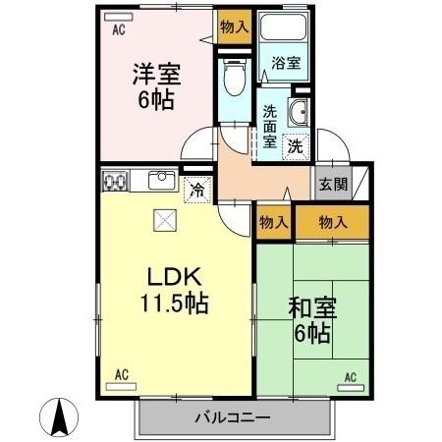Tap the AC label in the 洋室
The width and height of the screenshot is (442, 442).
(118, 30)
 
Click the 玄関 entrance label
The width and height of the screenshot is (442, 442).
(332, 184)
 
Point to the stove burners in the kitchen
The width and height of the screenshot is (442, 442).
(116, 182)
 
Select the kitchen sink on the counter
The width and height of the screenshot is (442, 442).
(161, 181)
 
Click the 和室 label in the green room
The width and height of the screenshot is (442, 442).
(311, 308)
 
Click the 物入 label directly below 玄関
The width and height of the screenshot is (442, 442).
(333, 222)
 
